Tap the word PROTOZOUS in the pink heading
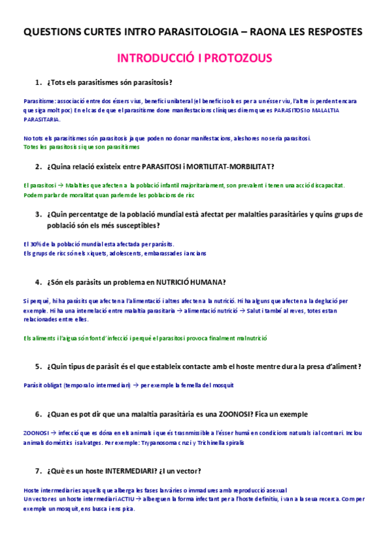(240, 58)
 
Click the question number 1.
(38, 82)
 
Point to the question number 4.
(38, 282)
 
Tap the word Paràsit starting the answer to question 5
(32, 385)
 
